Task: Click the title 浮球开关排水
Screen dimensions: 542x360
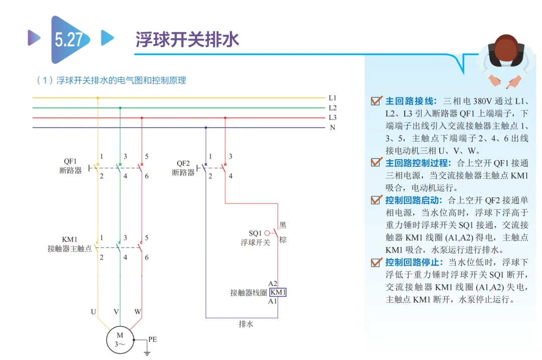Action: (x=187, y=39)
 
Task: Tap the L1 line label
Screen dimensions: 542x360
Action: (x=333, y=98)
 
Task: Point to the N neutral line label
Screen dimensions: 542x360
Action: (x=333, y=128)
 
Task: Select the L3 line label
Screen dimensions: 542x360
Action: (x=333, y=117)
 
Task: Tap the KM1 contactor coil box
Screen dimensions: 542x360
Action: (x=278, y=292)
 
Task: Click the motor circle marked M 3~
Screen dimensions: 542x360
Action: (x=120, y=339)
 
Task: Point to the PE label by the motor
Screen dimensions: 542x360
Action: (x=153, y=339)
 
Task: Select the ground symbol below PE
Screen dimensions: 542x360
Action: (x=147, y=353)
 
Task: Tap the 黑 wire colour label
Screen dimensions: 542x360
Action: (x=283, y=225)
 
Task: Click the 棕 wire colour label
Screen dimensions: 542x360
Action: (x=283, y=239)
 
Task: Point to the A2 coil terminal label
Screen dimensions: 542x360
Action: (x=273, y=284)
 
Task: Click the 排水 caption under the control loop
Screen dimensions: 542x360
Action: (x=246, y=324)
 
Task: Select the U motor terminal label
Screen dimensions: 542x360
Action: (x=93, y=312)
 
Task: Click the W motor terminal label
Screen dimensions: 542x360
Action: (x=138, y=312)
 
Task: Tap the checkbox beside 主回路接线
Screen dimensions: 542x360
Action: (x=376, y=100)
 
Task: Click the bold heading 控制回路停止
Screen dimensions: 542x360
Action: (x=414, y=262)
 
